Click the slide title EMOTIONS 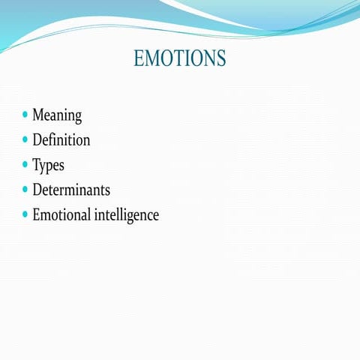(x=179, y=58)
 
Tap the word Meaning (x=57, y=115)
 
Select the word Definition (x=61, y=140)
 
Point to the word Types (x=48, y=166)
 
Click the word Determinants (x=71, y=190)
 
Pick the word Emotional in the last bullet (x=61, y=214)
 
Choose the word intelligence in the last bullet (x=127, y=215)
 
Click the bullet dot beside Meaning (x=25, y=115)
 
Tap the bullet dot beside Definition (x=25, y=140)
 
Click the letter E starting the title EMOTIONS (x=139, y=58)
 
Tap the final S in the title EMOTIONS (x=220, y=58)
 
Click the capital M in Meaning (x=38, y=115)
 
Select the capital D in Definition (x=37, y=140)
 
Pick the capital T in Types (x=36, y=165)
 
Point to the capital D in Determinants (x=37, y=190)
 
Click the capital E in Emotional (x=36, y=214)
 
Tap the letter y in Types (x=43, y=167)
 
